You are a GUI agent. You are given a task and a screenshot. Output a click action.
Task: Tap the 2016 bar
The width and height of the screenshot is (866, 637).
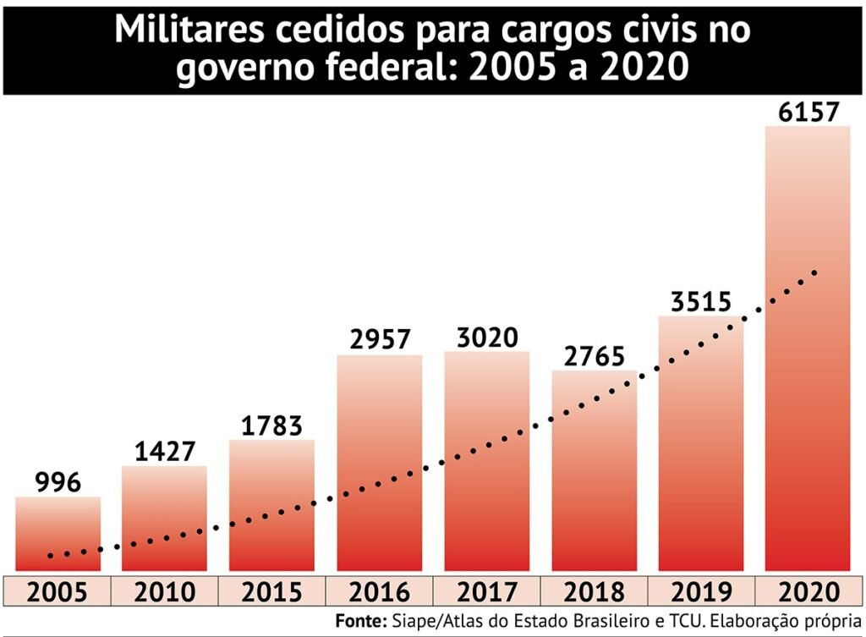(379, 465)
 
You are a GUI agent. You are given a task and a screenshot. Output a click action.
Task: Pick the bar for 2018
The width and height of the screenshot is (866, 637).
(594, 474)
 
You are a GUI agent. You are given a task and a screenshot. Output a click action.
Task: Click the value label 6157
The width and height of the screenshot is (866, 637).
(807, 111)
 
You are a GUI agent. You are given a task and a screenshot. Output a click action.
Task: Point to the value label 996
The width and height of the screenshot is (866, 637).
(58, 482)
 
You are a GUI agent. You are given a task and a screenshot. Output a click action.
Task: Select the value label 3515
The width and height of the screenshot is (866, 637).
(700, 301)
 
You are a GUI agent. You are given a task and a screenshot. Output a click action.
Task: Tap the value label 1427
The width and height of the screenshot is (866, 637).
(164, 451)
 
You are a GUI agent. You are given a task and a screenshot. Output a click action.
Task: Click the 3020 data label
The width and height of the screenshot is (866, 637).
(487, 338)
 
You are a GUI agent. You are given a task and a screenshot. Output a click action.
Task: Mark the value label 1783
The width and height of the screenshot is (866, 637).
(271, 425)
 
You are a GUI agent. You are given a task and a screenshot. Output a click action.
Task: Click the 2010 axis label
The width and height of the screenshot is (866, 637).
(164, 591)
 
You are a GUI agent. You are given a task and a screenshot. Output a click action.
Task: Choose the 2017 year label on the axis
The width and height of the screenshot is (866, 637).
(487, 591)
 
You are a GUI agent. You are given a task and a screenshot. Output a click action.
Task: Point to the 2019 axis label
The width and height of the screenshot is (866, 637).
(701, 591)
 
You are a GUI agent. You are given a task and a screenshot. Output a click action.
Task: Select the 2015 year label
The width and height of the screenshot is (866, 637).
(271, 591)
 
